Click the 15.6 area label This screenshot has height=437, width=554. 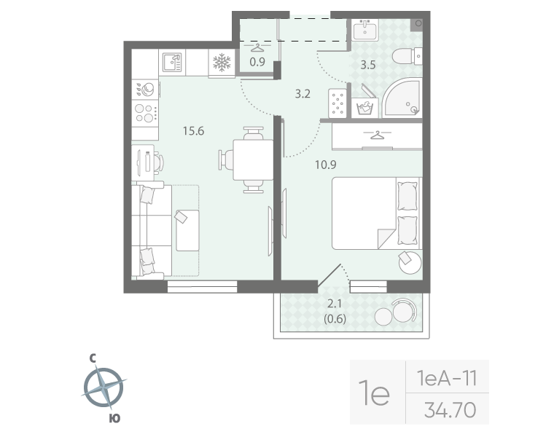click(192, 130)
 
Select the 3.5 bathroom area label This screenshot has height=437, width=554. click(368, 65)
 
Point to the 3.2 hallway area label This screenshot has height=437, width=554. click(303, 92)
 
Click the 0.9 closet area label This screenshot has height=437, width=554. click(257, 62)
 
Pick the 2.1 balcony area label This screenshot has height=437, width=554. click(335, 303)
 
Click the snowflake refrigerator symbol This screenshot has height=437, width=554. click(222, 63)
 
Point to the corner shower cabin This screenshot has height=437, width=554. click(402, 99)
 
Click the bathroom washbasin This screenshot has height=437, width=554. click(364, 31)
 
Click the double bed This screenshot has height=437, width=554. click(375, 213)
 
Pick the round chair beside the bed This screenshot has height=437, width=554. click(409, 260)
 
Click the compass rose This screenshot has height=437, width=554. click(103, 388)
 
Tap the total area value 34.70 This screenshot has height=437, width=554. click(450, 410)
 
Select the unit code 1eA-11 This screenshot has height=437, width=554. click(446, 378)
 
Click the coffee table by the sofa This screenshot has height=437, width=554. click(187, 230)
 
